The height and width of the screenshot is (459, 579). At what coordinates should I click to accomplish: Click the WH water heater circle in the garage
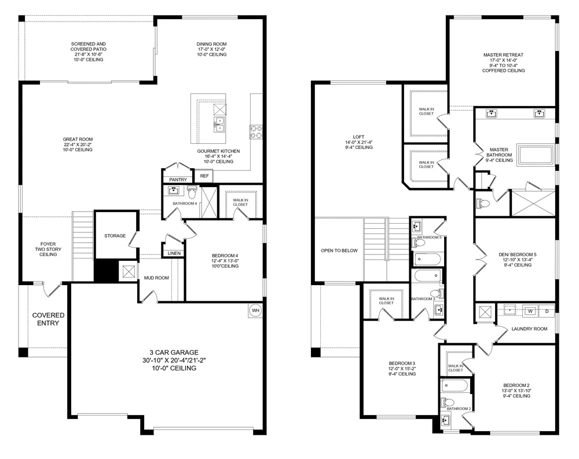point(255,311)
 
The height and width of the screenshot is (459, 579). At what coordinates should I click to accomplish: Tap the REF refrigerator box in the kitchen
point(204,176)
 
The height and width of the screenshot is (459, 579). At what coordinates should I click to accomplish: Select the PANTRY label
point(178,180)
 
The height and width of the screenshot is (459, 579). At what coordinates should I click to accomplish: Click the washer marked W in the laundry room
point(529,311)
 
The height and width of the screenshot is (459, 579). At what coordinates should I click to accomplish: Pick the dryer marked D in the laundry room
point(547,311)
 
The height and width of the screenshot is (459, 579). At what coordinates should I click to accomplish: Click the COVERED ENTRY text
point(48,319)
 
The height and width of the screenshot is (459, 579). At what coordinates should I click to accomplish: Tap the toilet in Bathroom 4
point(192,192)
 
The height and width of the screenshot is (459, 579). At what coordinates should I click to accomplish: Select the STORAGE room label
point(115,236)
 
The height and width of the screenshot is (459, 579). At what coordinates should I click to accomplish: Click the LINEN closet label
point(174,254)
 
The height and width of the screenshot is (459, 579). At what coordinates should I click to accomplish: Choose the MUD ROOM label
point(156,278)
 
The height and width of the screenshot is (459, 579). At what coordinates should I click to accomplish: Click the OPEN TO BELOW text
point(339,251)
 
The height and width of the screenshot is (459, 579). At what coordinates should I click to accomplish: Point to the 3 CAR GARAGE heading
point(174,352)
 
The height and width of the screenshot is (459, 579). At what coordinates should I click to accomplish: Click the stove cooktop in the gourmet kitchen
point(255,132)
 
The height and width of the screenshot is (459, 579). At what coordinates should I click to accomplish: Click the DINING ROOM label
point(211,44)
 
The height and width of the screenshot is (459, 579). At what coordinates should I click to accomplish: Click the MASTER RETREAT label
point(503,55)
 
